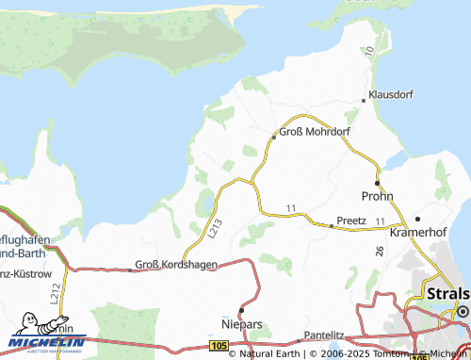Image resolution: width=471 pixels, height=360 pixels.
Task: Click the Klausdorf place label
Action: click(392, 96)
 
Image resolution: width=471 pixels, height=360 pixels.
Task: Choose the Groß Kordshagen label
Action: click(177, 265)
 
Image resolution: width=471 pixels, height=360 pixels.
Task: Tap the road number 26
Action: click(379, 252)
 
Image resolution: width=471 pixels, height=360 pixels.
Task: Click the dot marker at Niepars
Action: click(241, 309)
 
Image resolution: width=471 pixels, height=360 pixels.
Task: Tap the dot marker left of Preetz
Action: click(332, 226)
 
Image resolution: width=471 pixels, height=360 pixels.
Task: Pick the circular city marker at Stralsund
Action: click(462, 310)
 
